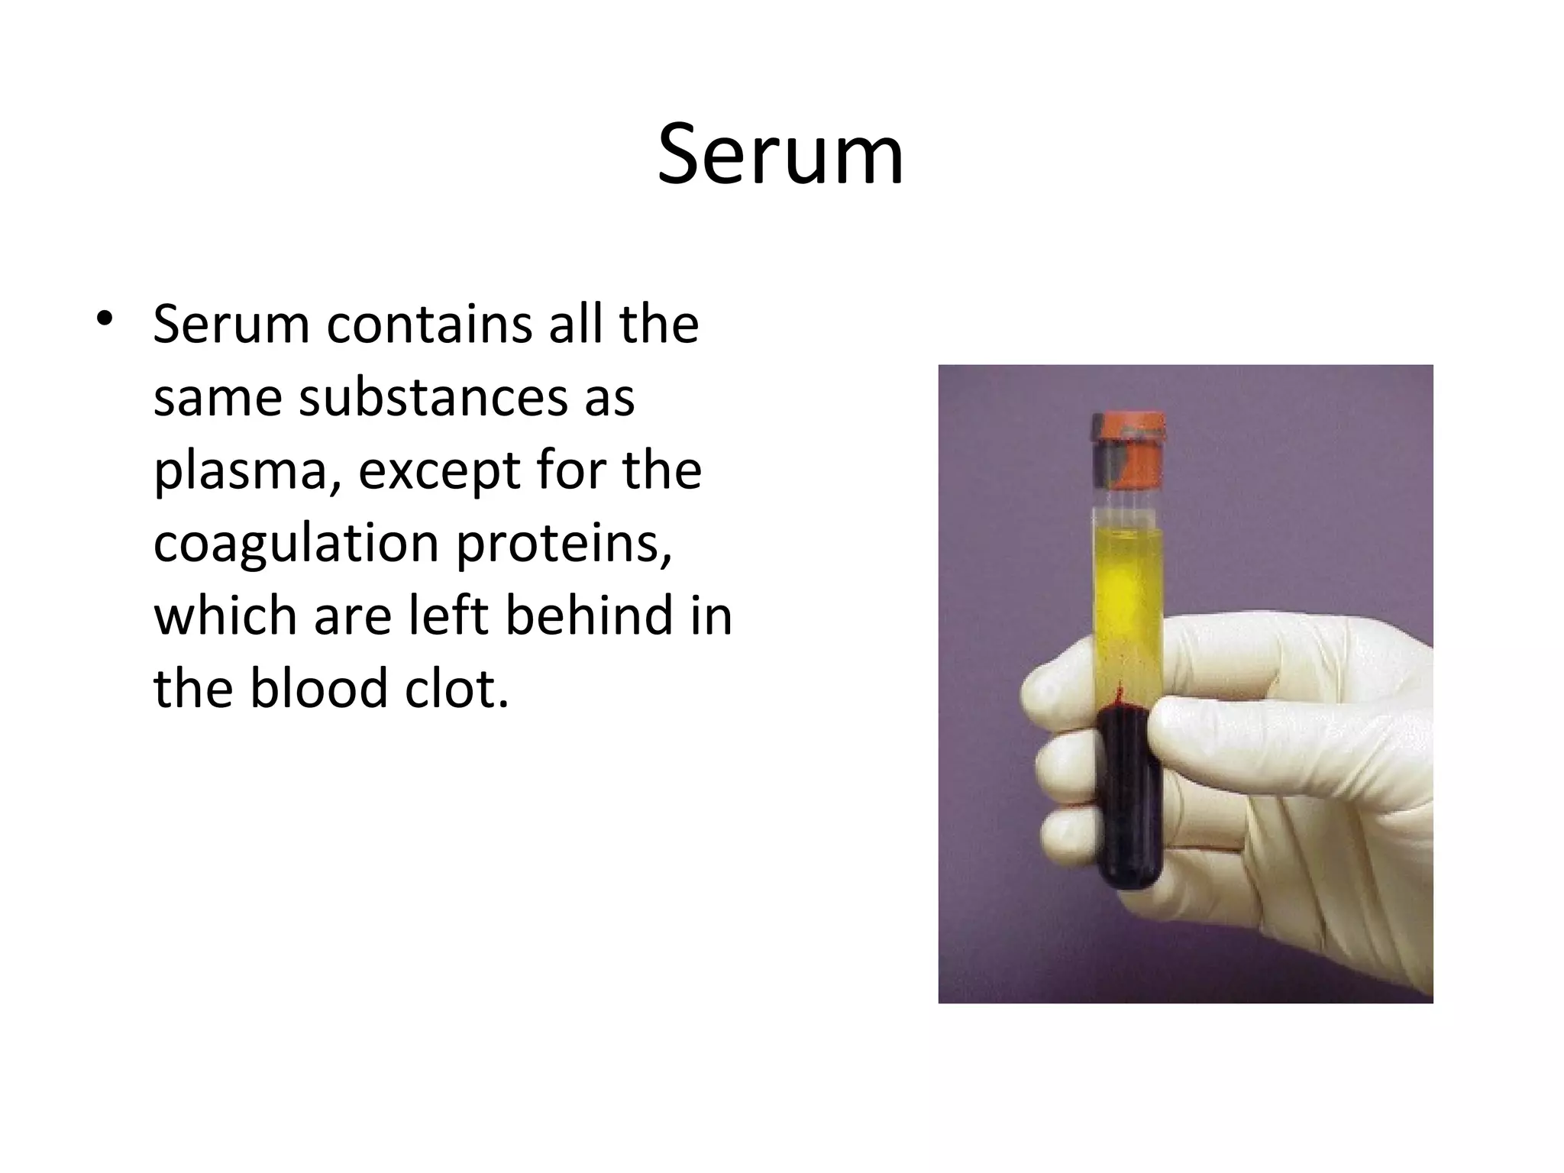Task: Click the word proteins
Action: [564, 544]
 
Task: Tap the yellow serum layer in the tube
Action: [1129, 596]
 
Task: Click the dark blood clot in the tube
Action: [1129, 794]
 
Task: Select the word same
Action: [215, 399]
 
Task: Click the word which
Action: [225, 616]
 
